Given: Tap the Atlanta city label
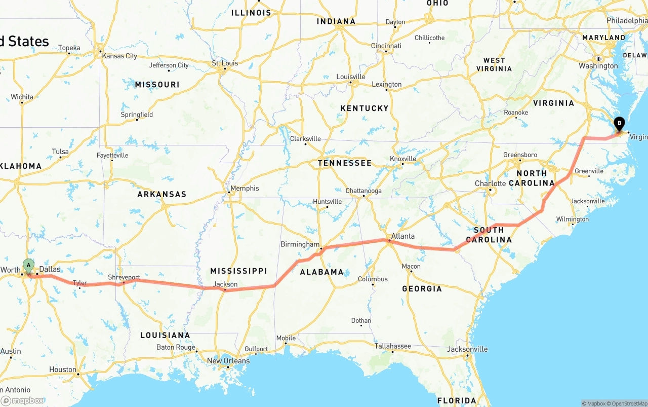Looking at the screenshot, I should coord(403,236).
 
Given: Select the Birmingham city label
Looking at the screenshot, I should coord(300,244).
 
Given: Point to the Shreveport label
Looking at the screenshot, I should coord(124,277).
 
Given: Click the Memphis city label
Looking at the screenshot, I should coord(245,189).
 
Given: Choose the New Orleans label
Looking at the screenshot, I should coord(228,361).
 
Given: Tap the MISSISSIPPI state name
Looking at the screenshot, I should coord(238,271).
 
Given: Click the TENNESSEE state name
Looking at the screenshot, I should coord(344,163).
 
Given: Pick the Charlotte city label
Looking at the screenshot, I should coord(490,183).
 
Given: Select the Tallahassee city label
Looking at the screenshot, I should coord(392,346).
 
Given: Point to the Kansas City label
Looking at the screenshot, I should coord(119,56).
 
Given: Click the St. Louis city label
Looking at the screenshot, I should coord(225,63).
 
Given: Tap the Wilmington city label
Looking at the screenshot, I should coord(572,219).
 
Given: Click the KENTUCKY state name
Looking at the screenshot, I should coord(364,108).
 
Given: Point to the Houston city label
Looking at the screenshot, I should coord(63,369).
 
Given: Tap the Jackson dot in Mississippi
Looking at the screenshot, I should coord(225,290).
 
